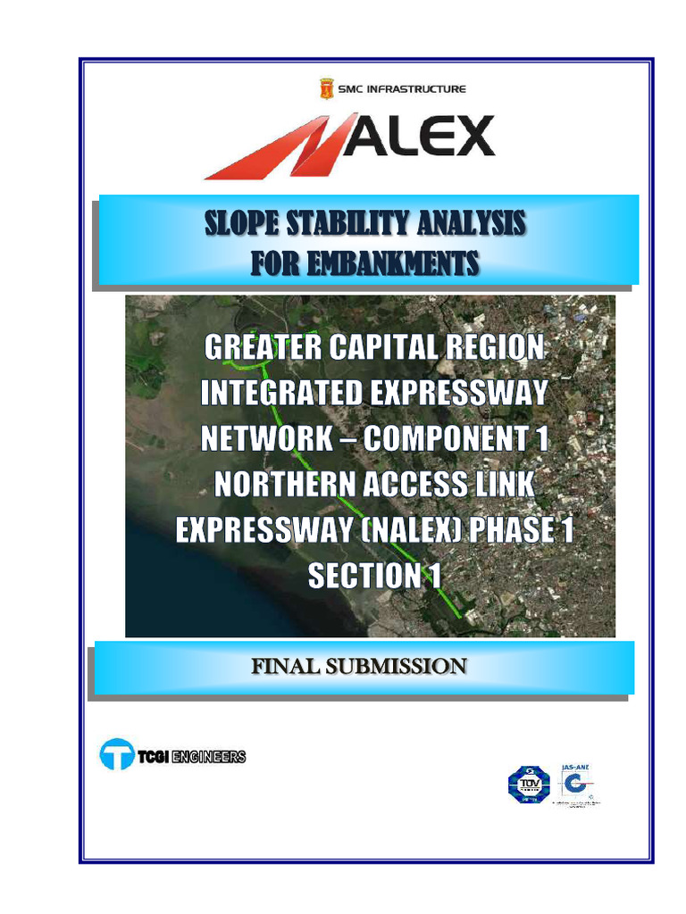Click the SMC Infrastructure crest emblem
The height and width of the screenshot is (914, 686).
326,89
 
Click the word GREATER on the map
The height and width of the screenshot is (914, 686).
259,347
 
